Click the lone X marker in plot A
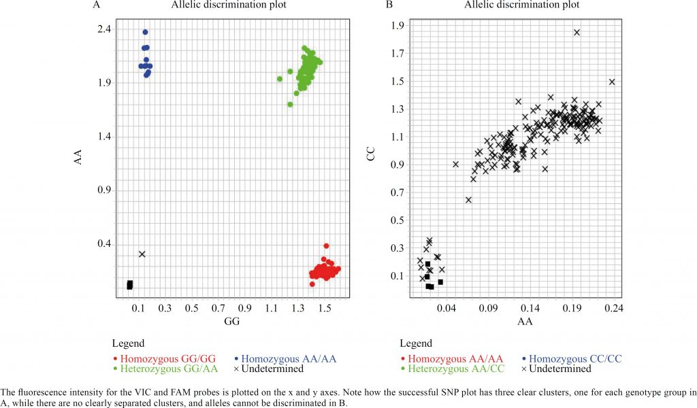(142, 254)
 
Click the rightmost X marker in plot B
(612, 82)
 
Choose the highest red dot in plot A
(326, 245)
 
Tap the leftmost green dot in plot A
(280, 79)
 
